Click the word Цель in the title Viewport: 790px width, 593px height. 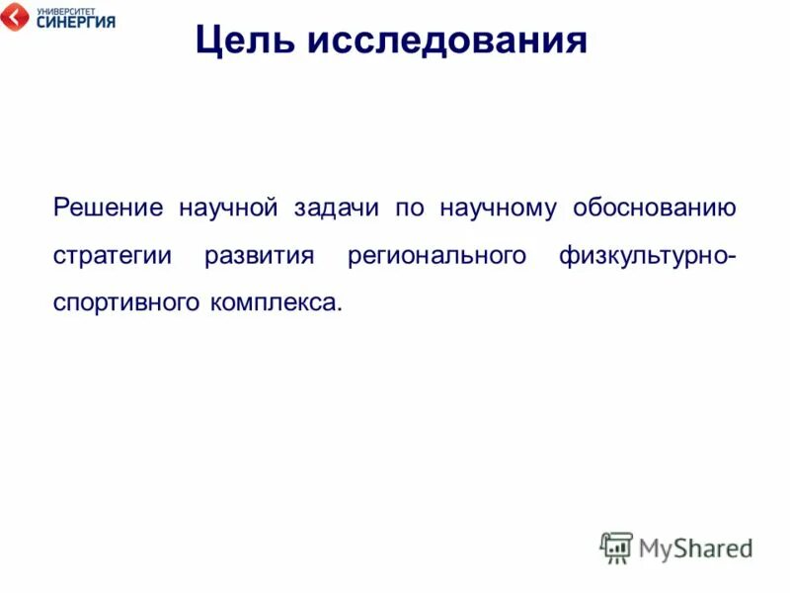[x=242, y=42]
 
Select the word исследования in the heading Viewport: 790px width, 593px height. [x=448, y=42]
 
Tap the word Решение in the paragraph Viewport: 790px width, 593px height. [x=108, y=209]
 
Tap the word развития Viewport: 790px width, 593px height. [x=259, y=257]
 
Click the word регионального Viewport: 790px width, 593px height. [x=436, y=257]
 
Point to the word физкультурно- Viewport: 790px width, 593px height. [x=647, y=257]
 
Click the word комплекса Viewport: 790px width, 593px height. [x=271, y=304]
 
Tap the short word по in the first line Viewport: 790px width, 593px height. [x=409, y=209]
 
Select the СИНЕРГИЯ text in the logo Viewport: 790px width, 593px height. [x=75, y=22]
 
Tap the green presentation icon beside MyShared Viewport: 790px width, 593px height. [x=616, y=547]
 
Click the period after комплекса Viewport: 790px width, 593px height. [x=340, y=309]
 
